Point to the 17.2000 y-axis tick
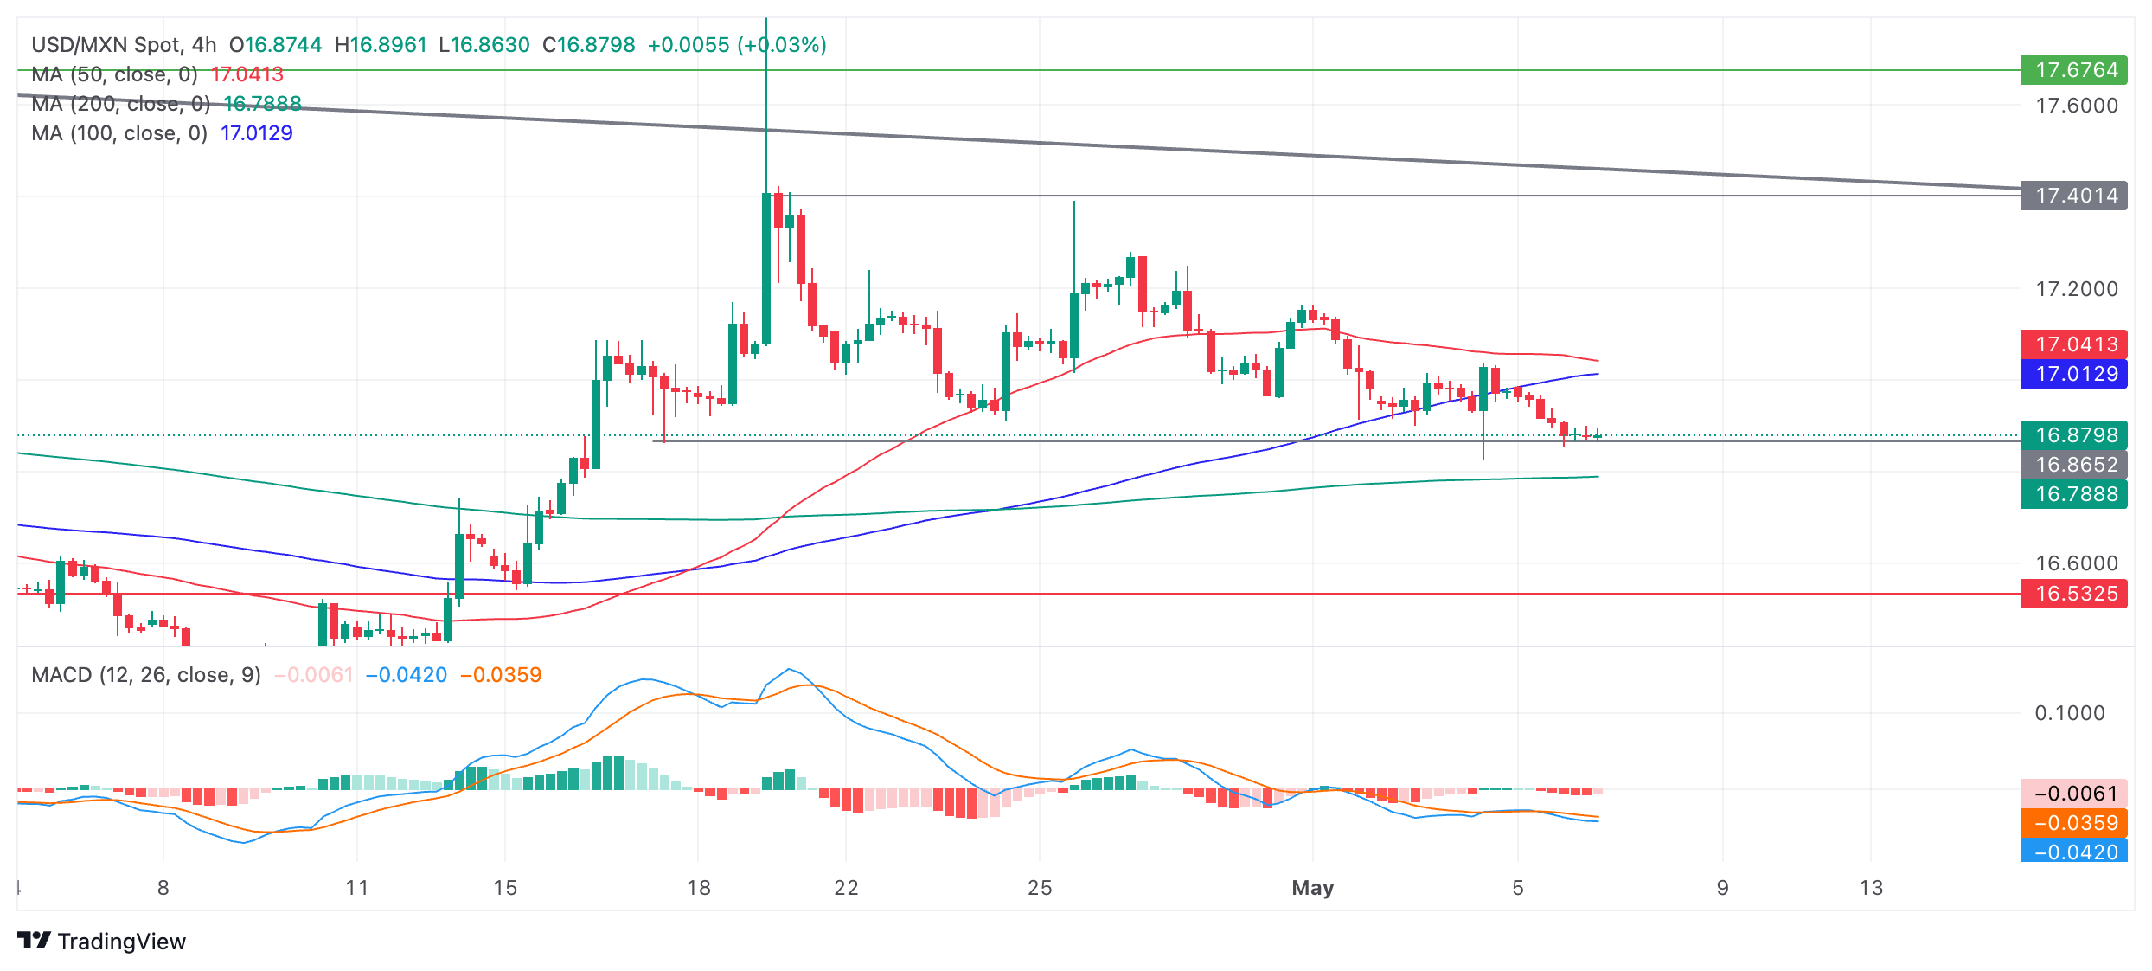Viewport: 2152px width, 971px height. coord(2077,289)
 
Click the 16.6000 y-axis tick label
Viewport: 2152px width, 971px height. coord(2077,563)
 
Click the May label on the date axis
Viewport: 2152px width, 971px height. coord(1312,888)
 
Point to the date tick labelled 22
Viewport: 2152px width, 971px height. coord(846,888)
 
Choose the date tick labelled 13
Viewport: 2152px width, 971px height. coord(1871,888)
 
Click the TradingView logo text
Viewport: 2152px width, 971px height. coord(121,942)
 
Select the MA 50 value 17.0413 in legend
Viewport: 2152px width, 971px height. coord(247,75)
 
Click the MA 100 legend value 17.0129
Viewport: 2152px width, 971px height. coord(257,133)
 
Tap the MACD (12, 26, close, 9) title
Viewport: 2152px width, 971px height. coord(146,675)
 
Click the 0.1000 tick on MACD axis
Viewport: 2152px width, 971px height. coord(2070,713)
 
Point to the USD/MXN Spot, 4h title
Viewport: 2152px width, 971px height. coord(124,45)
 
